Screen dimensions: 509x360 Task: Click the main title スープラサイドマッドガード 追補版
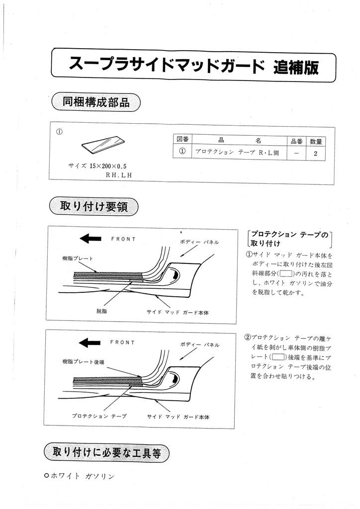click(194, 65)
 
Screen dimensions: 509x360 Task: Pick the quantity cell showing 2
click(315, 153)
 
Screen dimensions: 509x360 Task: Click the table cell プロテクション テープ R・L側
click(237, 153)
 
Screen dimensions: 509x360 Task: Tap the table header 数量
click(315, 141)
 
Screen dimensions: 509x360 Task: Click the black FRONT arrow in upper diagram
click(90, 239)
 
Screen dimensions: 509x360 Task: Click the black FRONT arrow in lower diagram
click(90, 342)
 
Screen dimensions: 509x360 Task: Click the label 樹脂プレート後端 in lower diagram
click(83, 361)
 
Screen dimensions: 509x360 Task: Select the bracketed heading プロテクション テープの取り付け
click(289, 239)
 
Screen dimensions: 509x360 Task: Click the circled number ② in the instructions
click(248, 337)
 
